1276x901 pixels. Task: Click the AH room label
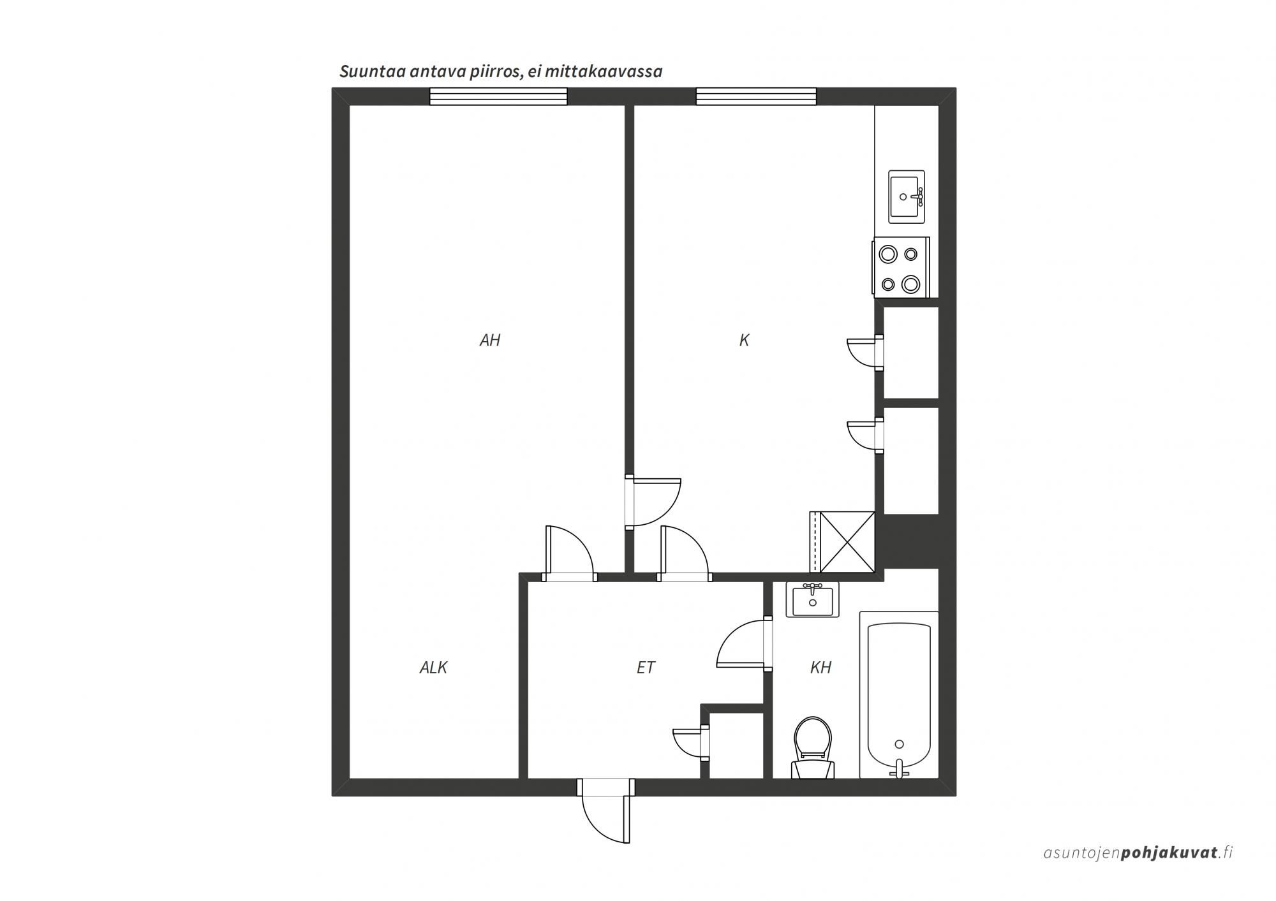[x=490, y=341]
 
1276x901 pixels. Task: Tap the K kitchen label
[x=744, y=341]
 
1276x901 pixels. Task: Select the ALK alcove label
[x=433, y=668]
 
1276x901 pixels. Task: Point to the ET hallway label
[x=646, y=668]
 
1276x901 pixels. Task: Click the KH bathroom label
[x=820, y=668]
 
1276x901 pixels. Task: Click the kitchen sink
[x=907, y=196]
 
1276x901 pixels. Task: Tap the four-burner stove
[x=901, y=267]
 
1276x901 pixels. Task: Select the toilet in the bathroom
[x=813, y=747]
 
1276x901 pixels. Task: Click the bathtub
[x=899, y=695]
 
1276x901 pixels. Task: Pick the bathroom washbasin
[x=812, y=599]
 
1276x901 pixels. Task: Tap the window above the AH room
[x=498, y=96]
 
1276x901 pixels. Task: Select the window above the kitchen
[x=756, y=96]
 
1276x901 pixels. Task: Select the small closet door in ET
[x=691, y=743]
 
